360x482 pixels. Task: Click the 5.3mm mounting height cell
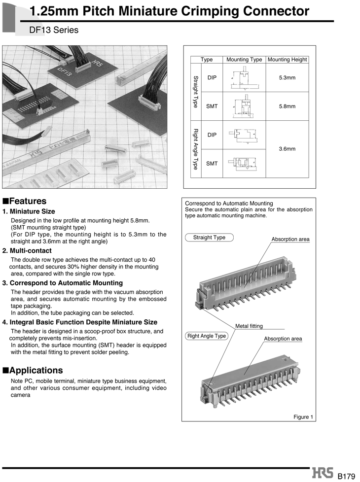tap(287, 78)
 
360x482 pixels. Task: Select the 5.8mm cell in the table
tap(287, 106)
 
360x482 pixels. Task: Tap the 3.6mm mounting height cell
tap(287, 149)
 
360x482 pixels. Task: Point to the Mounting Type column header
tap(244, 60)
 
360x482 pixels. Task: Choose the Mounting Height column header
tap(287, 60)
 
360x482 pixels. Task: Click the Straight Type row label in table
tap(195, 92)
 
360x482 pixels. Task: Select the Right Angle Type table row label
tap(195, 149)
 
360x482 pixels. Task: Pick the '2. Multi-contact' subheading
tap(27, 251)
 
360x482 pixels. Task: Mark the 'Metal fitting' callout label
tap(249, 326)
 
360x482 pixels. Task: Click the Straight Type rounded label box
tap(209, 238)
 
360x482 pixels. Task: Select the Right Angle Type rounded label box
tap(206, 336)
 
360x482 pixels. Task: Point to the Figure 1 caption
tap(303, 417)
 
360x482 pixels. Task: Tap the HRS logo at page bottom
tap(323, 474)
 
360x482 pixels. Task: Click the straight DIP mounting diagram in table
tap(244, 78)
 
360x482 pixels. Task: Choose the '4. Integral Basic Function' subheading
tap(80, 322)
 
